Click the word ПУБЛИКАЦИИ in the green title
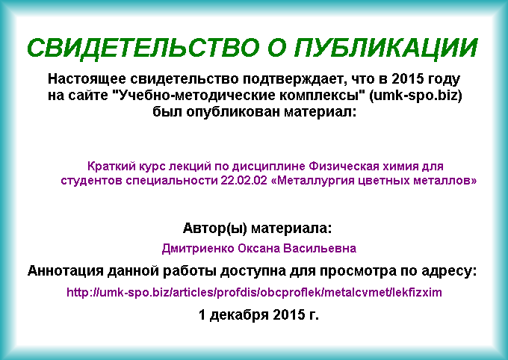386,49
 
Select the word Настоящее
87,79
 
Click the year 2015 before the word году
407,78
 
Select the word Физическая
344,167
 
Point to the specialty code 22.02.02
244,181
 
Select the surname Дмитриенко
198,249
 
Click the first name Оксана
259,249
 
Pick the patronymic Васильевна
320,249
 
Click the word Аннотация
65,271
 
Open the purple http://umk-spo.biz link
254,293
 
